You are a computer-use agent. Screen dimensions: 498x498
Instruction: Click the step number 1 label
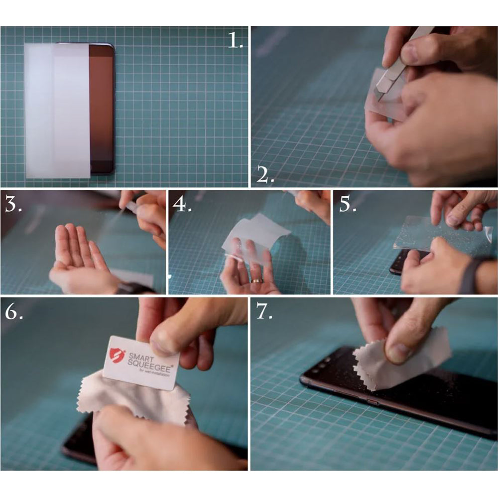235,40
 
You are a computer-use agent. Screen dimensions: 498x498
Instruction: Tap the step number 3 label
13,205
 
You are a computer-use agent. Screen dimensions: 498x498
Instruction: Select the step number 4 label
182,205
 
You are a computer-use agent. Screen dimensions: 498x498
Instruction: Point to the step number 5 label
347,205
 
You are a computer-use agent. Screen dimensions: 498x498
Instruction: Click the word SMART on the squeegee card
140,357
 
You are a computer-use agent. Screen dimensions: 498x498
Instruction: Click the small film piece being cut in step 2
383,102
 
